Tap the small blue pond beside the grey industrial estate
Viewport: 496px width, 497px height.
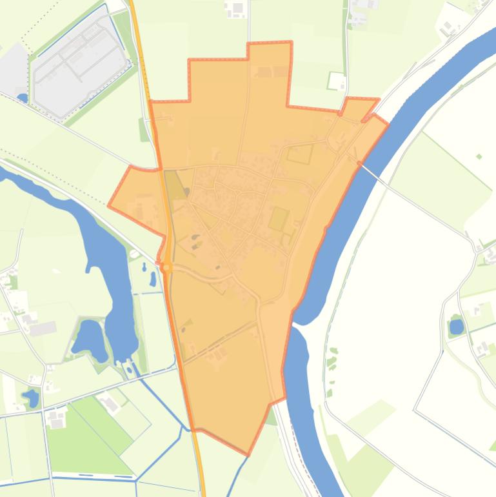tap(23, 98)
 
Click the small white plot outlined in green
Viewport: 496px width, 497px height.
tap(336, 81)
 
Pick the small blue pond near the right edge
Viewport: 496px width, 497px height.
tap(456, 327)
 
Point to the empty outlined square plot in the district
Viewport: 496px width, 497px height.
tap(300, 154)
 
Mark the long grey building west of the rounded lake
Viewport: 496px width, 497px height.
tap(43, 329)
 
